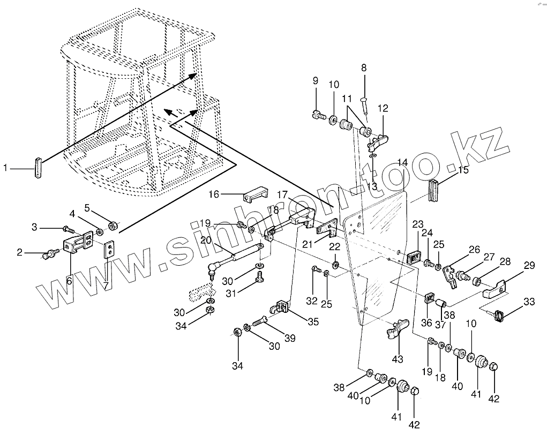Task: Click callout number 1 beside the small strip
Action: click(x=6, y=168)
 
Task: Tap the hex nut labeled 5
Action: click(x=113, y=225)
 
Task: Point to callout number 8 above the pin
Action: click(x=364, y=68)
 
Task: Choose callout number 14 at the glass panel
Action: click(x=402, y=163)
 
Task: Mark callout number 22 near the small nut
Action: click(x=334, y=247)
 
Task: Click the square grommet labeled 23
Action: click(x=414, y=257)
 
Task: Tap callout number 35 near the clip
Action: click(x=312, y=321)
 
